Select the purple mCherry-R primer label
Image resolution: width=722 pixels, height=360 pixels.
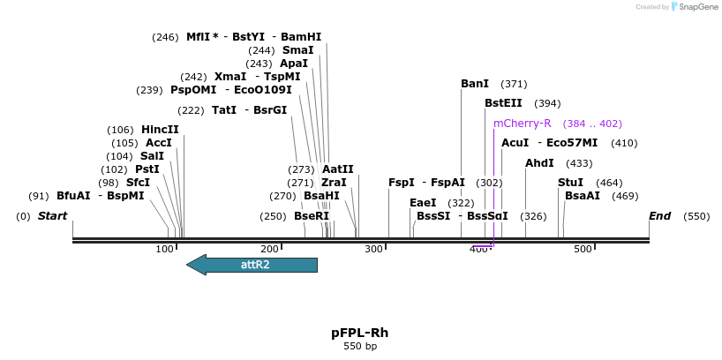pos(522,124)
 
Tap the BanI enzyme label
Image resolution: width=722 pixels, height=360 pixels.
pos(475,84)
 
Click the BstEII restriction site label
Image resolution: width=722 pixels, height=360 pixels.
pos(503,103)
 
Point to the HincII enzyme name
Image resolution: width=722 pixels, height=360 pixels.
pos(160,130)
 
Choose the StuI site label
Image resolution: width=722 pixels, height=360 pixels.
pos(570,183)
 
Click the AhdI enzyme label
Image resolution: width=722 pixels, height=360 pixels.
pos(539,163)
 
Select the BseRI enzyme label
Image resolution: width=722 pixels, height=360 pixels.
pos(311,216)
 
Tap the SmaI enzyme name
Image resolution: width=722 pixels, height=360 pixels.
pos(297,50)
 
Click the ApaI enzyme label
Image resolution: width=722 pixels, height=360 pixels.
pos(294,64)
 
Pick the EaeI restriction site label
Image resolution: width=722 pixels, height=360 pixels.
pos(423,203)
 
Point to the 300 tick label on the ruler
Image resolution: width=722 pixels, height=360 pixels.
pos(374,250)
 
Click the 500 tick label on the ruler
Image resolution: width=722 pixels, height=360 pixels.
pos(583,250)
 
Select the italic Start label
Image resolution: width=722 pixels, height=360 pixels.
pos(52,216)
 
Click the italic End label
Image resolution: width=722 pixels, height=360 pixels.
pos(659,216)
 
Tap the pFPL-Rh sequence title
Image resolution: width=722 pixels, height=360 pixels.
pos(359,333)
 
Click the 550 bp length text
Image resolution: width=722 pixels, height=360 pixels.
pos(359,347)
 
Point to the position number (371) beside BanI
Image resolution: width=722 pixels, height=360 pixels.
pos(514,84)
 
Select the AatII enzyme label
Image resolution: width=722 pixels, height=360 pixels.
pos(337,169)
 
